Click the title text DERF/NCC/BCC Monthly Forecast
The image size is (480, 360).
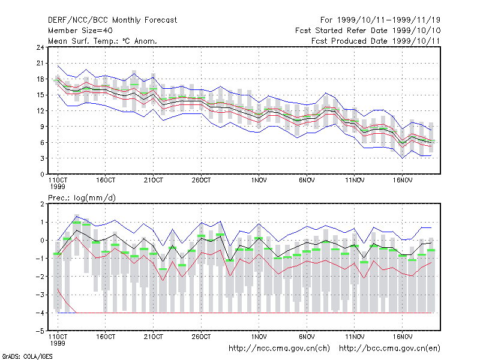tap(112, 20)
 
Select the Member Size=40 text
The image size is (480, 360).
tap(80, 31)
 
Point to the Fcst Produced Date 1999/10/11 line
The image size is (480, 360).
tap(376, 41)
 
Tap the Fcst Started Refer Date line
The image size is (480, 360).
tap(368, 31)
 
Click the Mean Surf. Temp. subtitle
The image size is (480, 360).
tap(103, 41)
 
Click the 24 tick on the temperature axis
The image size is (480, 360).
tap(40, 47)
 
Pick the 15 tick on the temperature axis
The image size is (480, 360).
tap(40, 95)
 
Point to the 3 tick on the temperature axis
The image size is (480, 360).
tap(42, 158)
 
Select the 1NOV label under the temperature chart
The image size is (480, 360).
tap(259, 181)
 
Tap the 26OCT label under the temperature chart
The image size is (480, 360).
tap(201, 181)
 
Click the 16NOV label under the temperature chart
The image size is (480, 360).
tap(403, 181)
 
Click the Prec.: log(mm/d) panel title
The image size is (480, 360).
tap(82, 198)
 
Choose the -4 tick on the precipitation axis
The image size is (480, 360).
tap(40, 313)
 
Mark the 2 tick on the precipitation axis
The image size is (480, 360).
tap(42, 204)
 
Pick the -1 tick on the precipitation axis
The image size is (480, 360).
tap(40, 259)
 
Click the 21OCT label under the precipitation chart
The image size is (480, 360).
tap(154, 337)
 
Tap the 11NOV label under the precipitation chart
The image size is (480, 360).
tap(355, 337)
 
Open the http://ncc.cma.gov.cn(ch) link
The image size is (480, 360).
tap(279, 349)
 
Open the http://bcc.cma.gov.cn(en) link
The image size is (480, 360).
tap(389, 349)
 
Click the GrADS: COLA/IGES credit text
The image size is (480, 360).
tap(27, 356)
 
